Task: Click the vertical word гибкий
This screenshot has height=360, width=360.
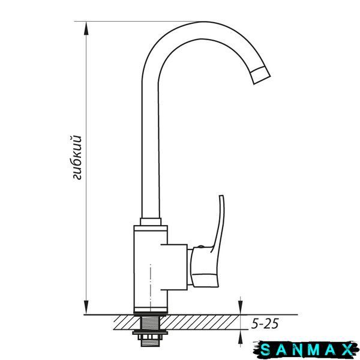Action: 76,157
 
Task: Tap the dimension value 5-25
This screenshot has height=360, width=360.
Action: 265,324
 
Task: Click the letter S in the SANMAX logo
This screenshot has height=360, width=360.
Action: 265,350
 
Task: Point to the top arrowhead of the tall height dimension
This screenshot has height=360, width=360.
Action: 86,28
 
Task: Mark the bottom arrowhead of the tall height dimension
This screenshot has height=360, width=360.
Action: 86,308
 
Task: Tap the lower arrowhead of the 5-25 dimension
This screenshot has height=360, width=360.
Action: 240,336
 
